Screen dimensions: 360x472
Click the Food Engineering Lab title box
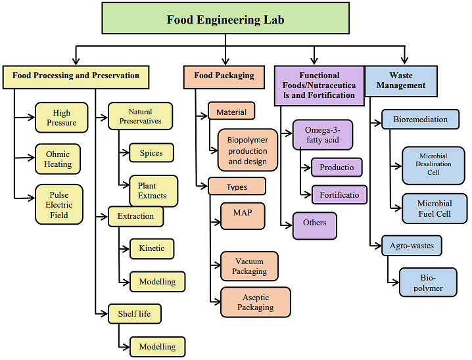[225, 19]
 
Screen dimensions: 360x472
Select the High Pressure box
[61, 118]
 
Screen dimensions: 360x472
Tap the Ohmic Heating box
[59, 160]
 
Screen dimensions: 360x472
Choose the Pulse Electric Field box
[59, 205]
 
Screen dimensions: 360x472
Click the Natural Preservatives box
[140, 116]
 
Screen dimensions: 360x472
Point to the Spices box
[151, 153]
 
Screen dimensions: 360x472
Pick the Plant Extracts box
[153, 191]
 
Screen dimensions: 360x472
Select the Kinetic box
[152, 248]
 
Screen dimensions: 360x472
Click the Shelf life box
[134, 313]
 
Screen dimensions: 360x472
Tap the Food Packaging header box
[224, 76]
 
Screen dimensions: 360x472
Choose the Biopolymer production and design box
[248, 150]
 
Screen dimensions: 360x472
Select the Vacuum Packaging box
[249, 266]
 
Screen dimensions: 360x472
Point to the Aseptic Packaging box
[256, 302]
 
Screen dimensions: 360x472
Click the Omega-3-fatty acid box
[322, 135]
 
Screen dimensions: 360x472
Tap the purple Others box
[315, 225]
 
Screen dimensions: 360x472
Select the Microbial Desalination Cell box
[433, 165]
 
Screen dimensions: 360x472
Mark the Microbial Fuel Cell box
[434, 208]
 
